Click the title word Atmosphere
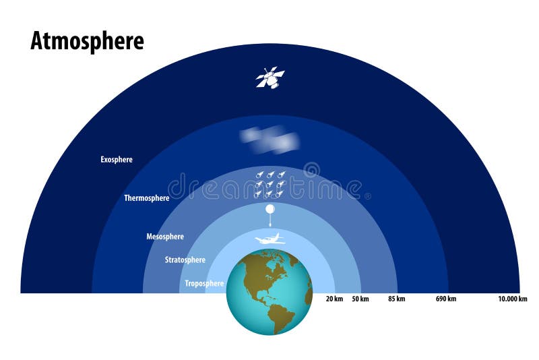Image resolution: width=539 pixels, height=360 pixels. click(87, 41)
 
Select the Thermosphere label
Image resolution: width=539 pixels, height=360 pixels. click(146, 198)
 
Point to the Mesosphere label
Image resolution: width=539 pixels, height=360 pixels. click(165, 237)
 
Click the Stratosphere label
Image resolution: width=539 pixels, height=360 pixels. click(185, 260)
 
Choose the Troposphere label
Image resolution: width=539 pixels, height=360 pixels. click(204, 284)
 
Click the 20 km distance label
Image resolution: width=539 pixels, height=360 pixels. click(335, 299)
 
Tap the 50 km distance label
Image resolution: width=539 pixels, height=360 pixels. click(360, 299)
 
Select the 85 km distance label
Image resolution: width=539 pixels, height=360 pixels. click(396, 299)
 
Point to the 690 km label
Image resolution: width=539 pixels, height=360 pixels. click(446, 299)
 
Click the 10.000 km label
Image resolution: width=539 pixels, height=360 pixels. click(512, 299)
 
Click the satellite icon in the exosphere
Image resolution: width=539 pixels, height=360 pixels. click(269, 78)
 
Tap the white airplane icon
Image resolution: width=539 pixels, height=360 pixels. click(269, 239)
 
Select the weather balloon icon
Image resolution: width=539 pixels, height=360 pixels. click(269, 210)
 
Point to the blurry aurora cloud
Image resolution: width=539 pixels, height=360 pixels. click(270, 139)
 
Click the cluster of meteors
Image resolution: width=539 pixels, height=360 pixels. click(269, 184)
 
